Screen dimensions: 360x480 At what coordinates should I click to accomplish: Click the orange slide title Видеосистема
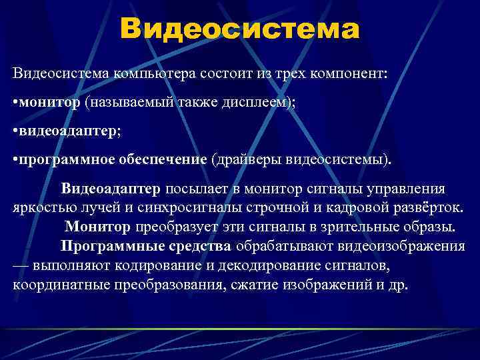pos(240,29)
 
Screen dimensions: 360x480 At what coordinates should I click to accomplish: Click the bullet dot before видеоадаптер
pos(15,133)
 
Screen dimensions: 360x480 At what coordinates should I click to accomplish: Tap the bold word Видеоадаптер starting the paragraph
pos(111,189)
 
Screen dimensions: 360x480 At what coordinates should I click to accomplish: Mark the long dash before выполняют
pos(20,265)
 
